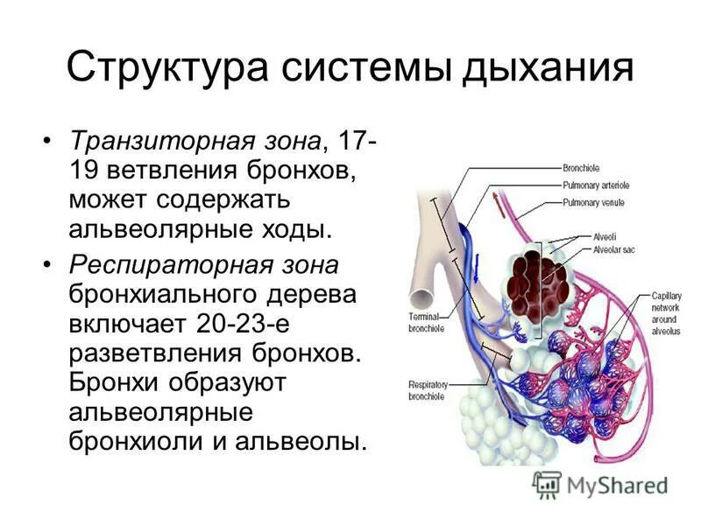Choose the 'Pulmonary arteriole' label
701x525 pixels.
[x=595, y=185]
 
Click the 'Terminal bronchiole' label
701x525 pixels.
[x=428, y=322]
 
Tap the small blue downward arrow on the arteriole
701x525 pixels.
[x=476, y=266]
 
